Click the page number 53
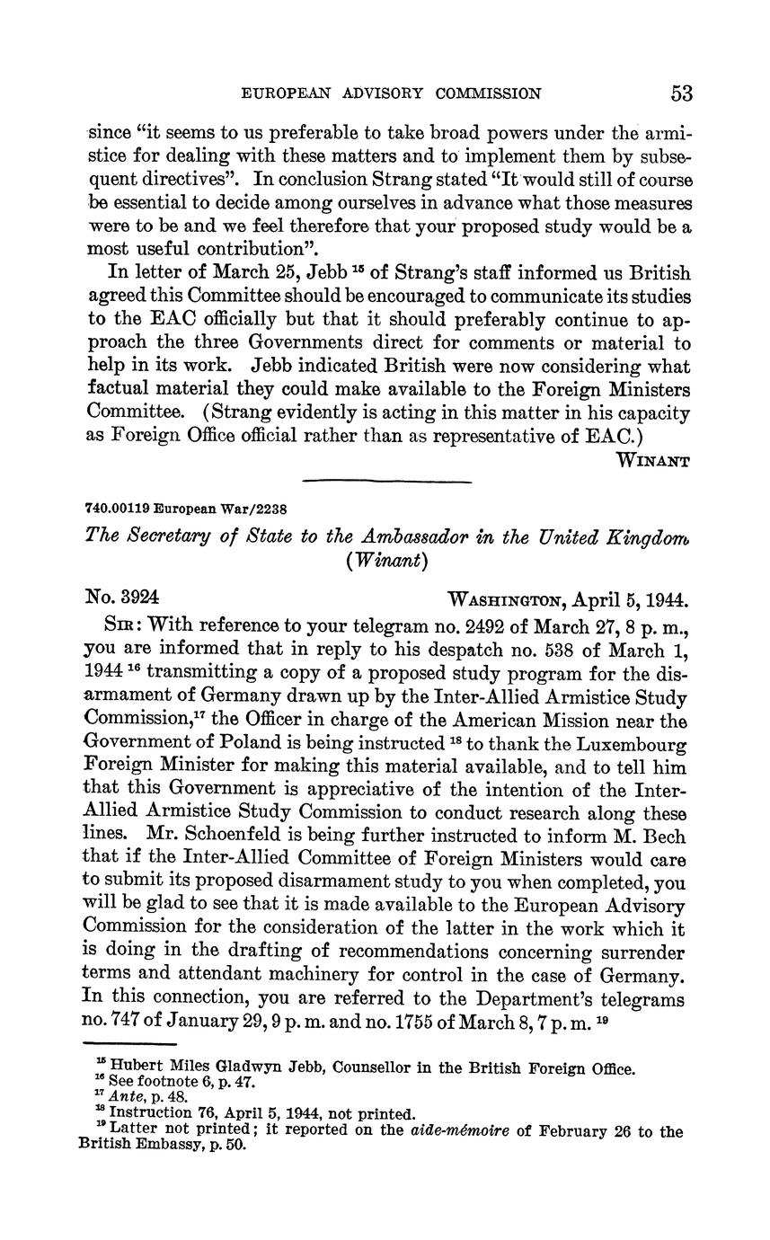click(680, 93)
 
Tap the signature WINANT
click(652, 461)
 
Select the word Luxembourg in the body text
click(633, 745)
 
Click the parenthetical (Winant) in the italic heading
click(386, 560)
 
